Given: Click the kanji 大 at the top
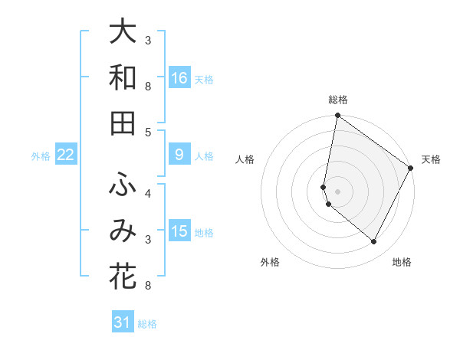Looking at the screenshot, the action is coord(123,33).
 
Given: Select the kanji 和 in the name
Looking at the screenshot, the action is coord(123,78).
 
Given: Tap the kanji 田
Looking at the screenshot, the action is coord(123,123).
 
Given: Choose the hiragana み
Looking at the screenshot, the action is coord(123,231).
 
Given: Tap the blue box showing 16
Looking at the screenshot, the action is coord(179,78).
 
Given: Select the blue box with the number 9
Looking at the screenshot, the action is coord(179,155).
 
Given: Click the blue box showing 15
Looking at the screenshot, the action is coord(179,231).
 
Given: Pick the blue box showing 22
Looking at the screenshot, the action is coord(66,155).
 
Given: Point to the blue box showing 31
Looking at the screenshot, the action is coord(123,322).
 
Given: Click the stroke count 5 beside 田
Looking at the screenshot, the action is coord(148,132).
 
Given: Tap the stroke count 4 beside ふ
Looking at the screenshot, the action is coord(148,192).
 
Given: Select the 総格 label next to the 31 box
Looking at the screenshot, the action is coord(147,324).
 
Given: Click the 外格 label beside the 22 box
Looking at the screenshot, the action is coord(41,156).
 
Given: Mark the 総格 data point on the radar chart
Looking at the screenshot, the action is coord(337,116).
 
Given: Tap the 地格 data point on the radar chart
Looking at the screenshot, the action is coord(374,242).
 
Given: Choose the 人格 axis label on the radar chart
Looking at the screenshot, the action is coord(245,159).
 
